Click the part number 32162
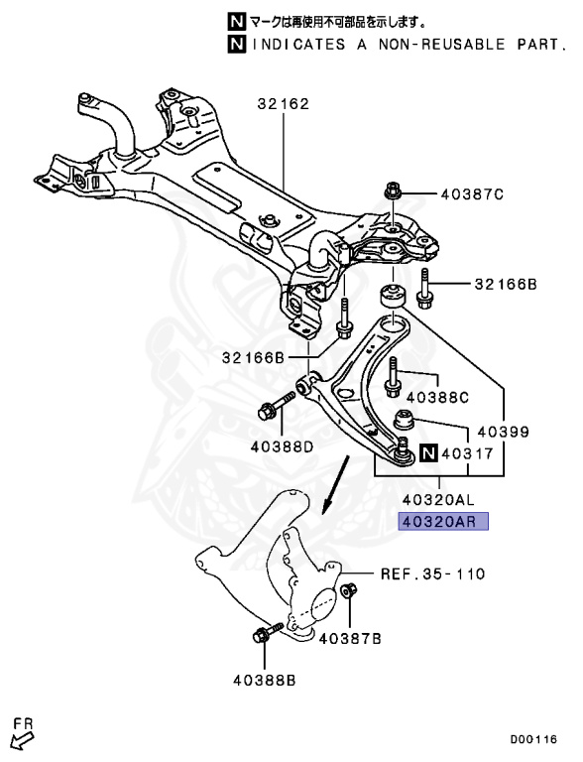tap(284, 104)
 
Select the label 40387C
tap(472, 194)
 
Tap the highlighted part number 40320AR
tap(443, 522)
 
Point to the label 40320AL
tap(438, 499)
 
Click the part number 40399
tap(504, 432)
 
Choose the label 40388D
tap(283, 446)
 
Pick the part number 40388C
tap(437, 398)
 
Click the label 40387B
tap(350, 639)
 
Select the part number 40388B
tap(265, 681)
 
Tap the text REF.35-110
tap(433, 573)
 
